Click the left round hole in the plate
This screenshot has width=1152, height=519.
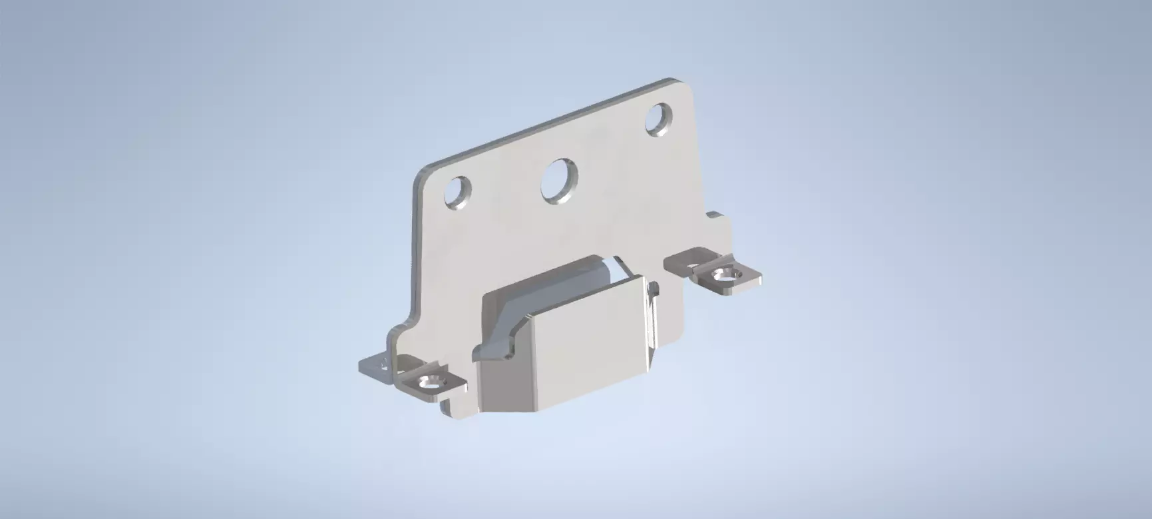click(457, 193)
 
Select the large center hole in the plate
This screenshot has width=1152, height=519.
click(558, 180)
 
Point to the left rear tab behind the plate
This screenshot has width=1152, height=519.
click(374, 366)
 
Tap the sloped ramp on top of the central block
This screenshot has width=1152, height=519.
click(532, 293)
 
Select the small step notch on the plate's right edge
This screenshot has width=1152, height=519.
click(717, 220)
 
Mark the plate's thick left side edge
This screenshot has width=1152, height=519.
click(417, 253)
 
